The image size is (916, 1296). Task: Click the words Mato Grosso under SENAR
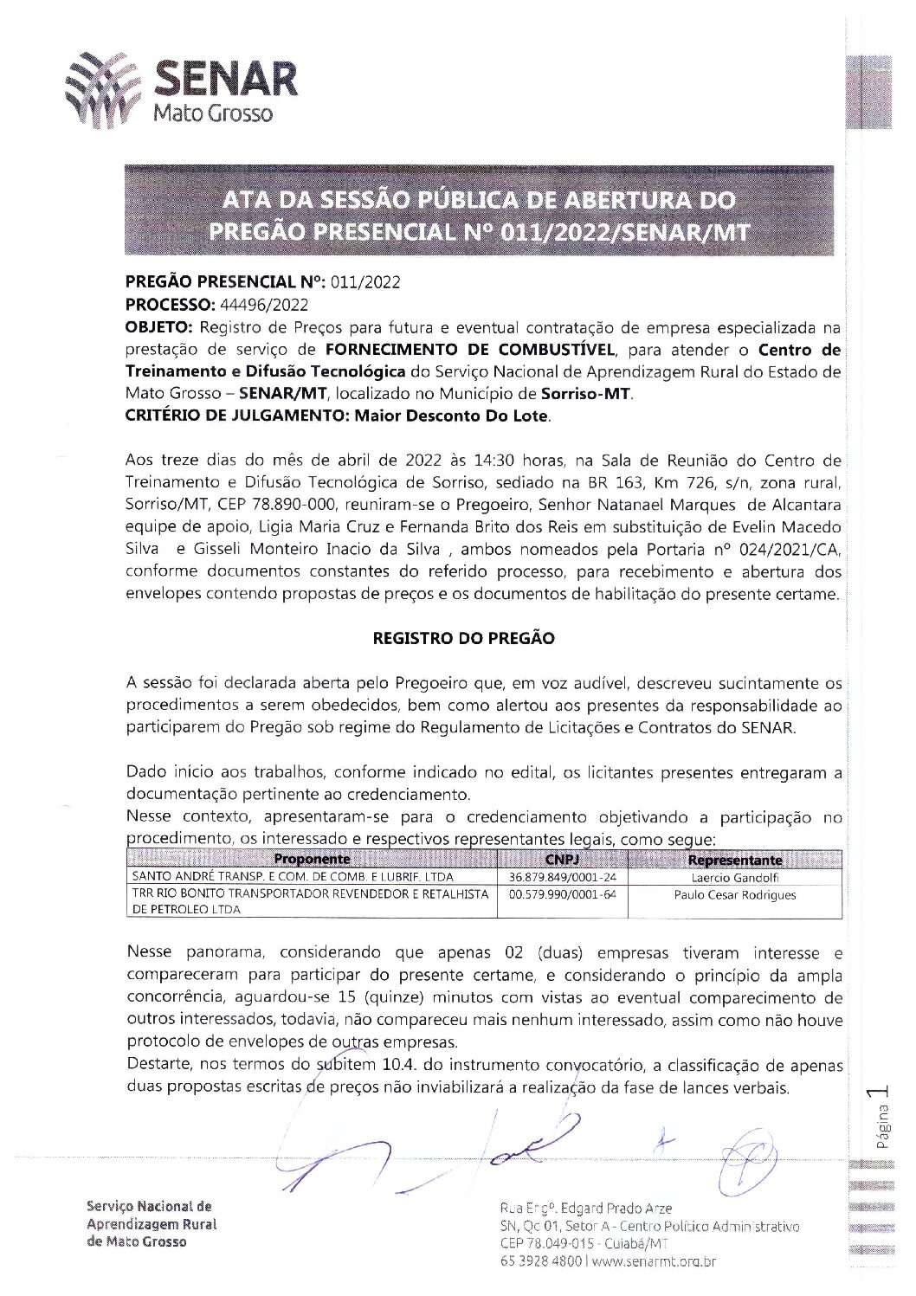tap(213, 113)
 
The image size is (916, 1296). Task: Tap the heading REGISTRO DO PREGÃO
tap(463, 639)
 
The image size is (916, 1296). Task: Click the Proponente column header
tap(312, 860)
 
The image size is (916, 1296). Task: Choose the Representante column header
tap(734, 860)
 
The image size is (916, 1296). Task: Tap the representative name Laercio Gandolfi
tap(734, 877)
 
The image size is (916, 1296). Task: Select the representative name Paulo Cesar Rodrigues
tap(734, 894)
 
